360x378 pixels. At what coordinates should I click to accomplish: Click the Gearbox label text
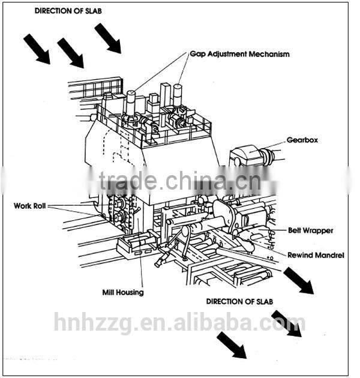coord(302,140)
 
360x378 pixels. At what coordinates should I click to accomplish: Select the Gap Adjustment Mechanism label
coord(239,54)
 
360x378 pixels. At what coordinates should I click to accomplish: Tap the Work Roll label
coord(31,206)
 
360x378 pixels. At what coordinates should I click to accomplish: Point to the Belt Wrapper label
coord(310,230)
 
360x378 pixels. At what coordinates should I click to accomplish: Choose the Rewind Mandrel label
coord(315,255)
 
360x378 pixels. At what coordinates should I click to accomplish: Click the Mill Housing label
coord(122,293)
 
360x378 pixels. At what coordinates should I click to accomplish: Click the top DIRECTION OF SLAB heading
coord(64,11)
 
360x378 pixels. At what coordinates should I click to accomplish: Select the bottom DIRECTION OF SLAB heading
coord(236,301)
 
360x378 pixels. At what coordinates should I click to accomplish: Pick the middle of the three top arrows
coord(70,53)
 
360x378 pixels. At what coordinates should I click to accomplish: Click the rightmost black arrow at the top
coord(107,38)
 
